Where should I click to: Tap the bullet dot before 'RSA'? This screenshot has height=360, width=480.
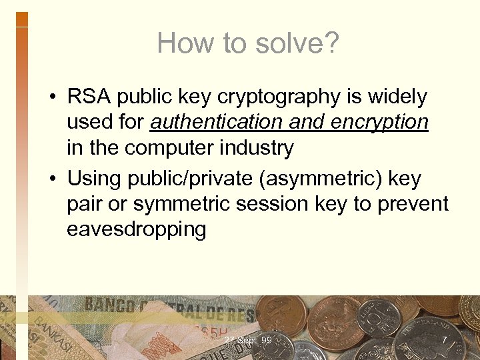[51, 98]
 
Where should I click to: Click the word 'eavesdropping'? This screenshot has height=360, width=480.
[137, 229]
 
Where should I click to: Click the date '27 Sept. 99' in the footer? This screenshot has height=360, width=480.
[248, 341]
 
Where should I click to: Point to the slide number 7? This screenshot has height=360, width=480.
[444, 341]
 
